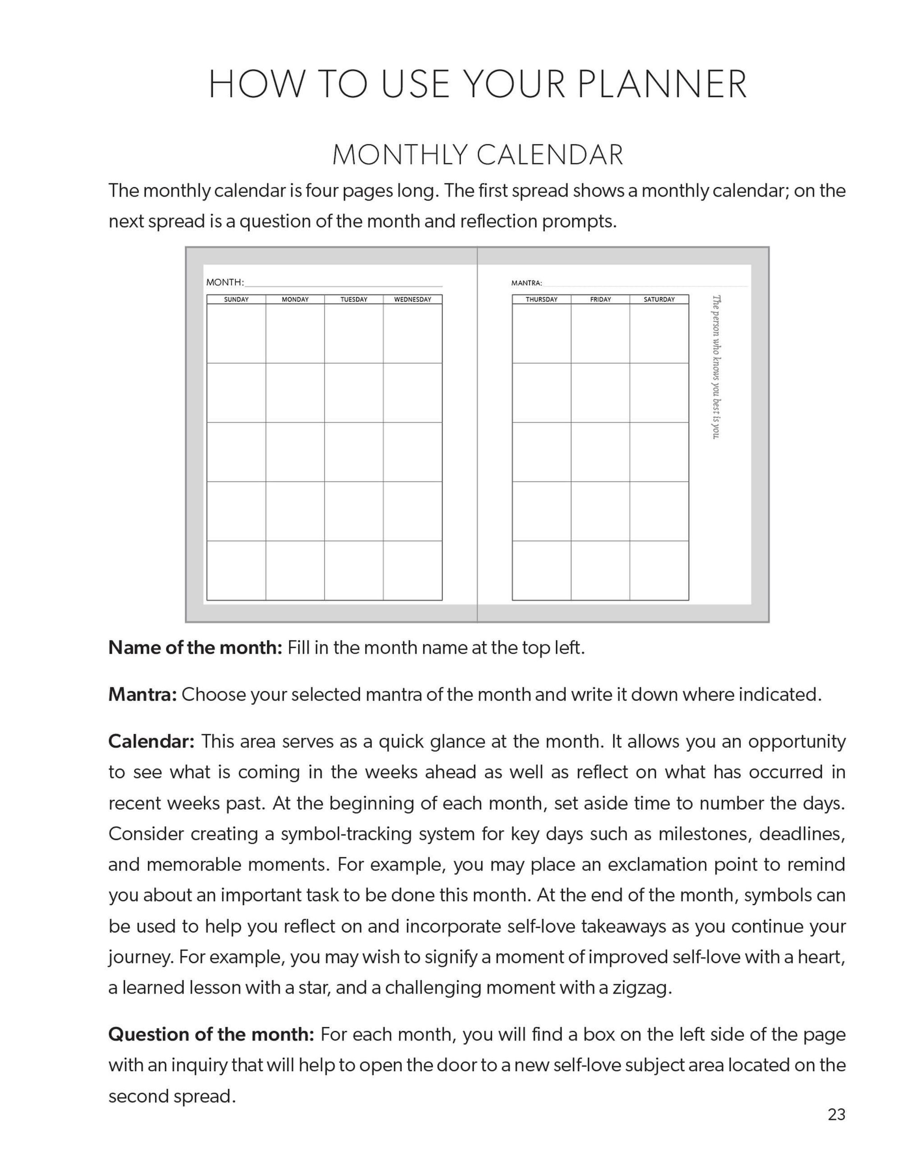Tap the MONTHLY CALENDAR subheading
pyautogui.click(x=477, y=155)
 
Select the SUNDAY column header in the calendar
pyautogui.click(x=236, y=299)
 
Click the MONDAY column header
pyautogui.click(x=295, y=299)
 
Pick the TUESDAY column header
pyautogui.click(x=354, y=299)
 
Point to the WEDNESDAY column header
pyautogui.click(x=412, y=299)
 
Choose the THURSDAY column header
pyautogui.click(x=542, y=299)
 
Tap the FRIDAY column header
pyautogui.click(x=601, y=299)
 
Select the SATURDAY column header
pyautogui.click(x=659, y=299)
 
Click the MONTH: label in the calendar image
pyautogui.click(x=225, y=282)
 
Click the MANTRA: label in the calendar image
pyautogui.click(x=526, y=283)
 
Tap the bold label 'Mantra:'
pyautogui.click(x=142, y=695)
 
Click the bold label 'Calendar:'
pyautogui.click(x=151, y=742)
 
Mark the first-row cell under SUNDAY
pyautogui.click(x=236, y=334)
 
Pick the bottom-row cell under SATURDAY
pyautogui.click(x=659, y=570)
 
